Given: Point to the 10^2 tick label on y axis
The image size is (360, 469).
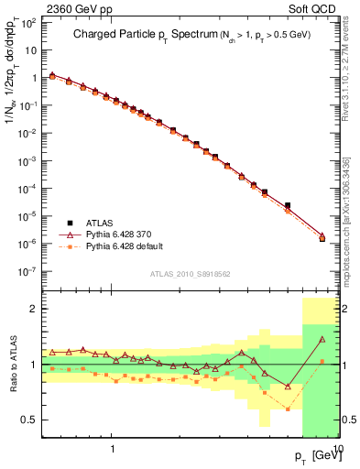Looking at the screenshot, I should (x=27, y=21).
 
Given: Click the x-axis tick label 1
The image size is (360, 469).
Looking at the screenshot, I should (x=112, y=451).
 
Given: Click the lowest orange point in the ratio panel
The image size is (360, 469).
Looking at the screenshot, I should (x=288, y=409).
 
